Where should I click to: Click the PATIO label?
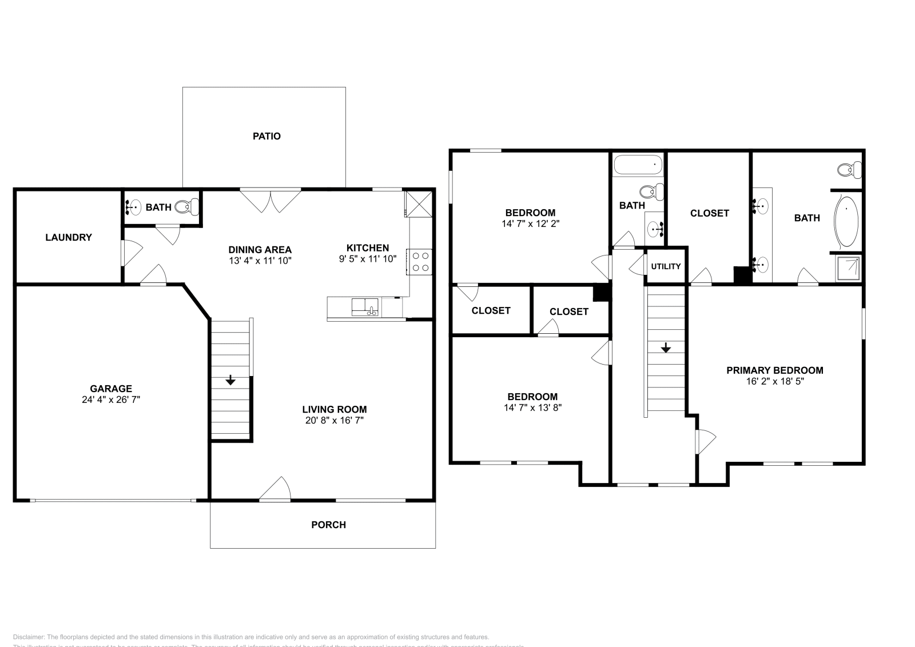[x=266, y=136]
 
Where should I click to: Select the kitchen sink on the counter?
[x=365, y=307]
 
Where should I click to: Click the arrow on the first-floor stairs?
[x=230, y=380]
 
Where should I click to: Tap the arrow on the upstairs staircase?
[x=666, y=348]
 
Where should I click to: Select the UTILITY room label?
[x=666, y=266]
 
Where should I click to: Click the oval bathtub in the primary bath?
[x=846, y=222]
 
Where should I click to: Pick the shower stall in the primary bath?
[x=848, y=269]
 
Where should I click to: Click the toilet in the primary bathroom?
[x=849, y=169]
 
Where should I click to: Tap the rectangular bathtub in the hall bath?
[x=638, y=165]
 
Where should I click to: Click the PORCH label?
[x=328, y=525]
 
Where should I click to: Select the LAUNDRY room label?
[x=69, y=237]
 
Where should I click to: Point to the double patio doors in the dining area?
[x=270, y=200]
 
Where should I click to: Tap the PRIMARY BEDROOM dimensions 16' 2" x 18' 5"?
[x=775, y=381]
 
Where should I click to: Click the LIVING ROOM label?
[x=335, y=409]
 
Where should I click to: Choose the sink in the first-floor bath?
[x=133, y=207]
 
